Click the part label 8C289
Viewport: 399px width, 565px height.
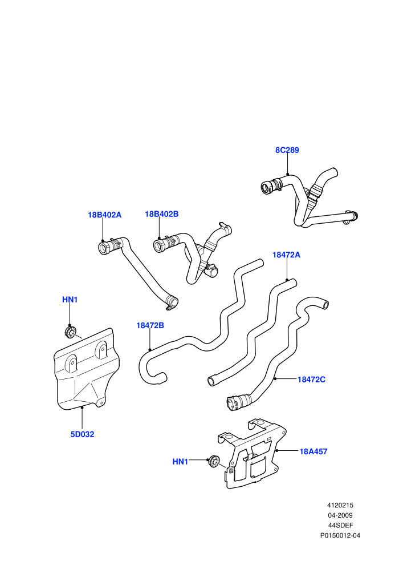pos(287,150)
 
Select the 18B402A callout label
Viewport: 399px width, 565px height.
pos(105,215)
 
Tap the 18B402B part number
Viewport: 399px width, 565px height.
pos(161,214)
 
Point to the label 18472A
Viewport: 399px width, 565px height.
pos(286,255)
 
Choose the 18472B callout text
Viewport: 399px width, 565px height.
pos(150,325)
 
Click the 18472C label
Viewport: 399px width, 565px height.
pos(311,380)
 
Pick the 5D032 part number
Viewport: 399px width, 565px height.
pos(83,434)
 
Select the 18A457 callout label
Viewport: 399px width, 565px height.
pos(313,451)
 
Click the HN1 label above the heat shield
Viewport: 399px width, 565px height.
pos(70,300)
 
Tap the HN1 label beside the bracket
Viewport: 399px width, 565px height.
pos(180,462)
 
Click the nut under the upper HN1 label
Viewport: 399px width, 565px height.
pos(70,332)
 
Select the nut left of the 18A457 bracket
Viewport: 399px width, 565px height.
pos(214,461)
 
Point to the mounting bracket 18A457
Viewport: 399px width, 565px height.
pos(252,454)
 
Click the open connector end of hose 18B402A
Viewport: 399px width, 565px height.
pos(104,248)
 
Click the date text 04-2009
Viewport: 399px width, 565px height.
pos(340,515)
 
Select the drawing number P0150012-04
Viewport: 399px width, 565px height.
pos(340,535)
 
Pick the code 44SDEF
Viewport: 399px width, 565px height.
pos(340,526)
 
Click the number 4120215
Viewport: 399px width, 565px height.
pos(340,505)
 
